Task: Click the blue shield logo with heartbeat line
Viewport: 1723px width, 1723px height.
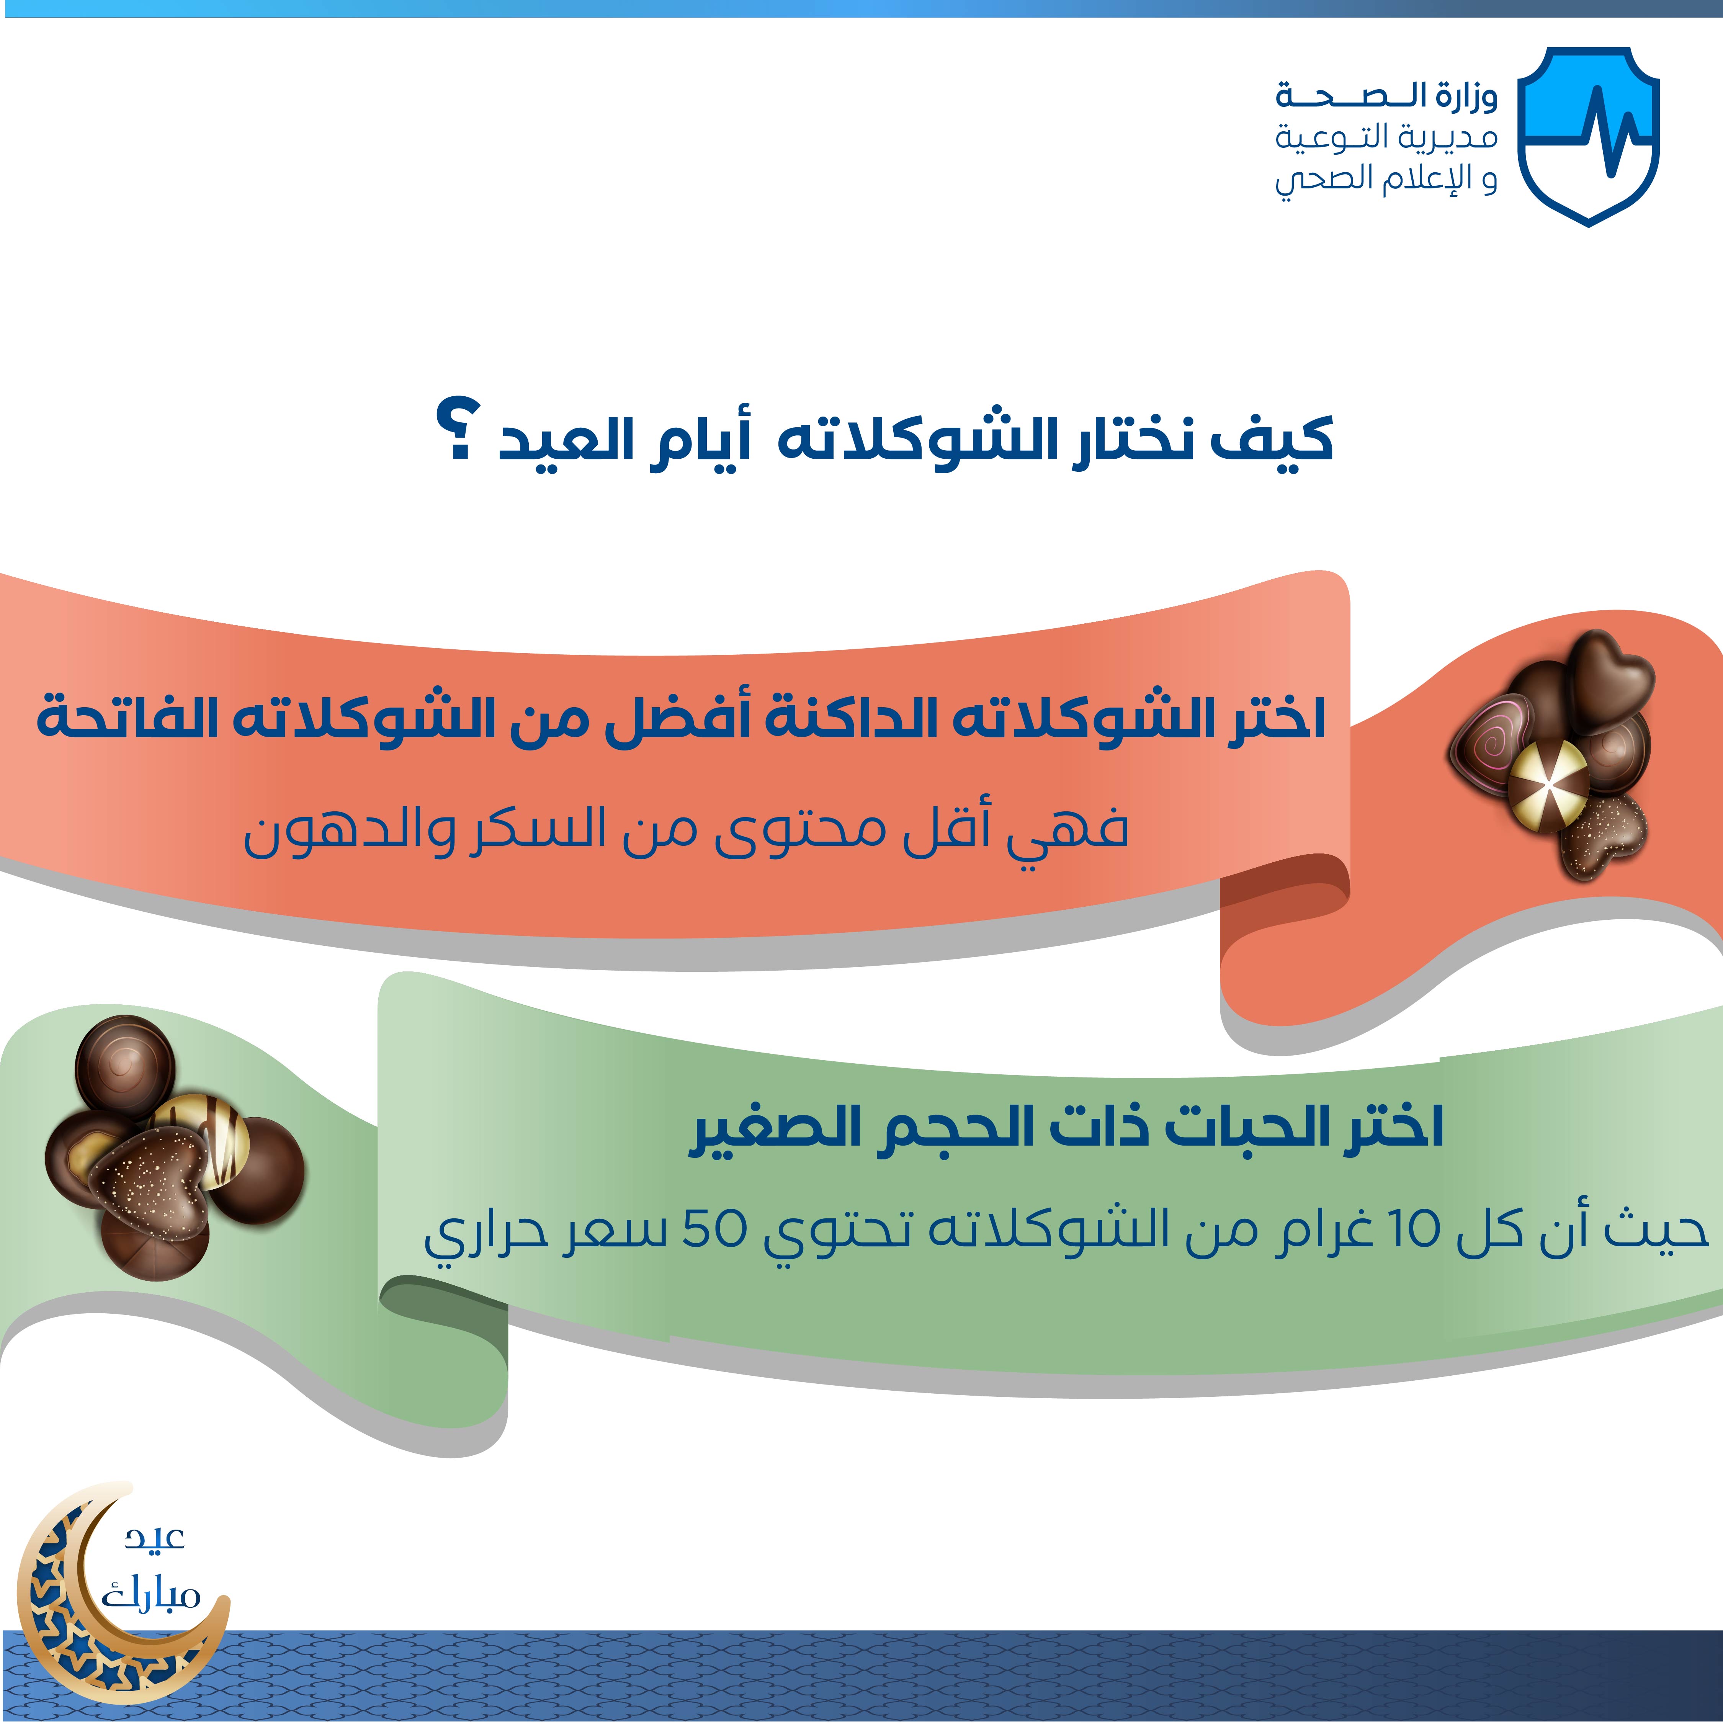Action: (x=1588, y=136)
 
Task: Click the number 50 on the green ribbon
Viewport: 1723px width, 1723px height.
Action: (x=713, y=1229)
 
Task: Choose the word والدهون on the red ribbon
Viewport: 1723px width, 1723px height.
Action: (x=350, y=829)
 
